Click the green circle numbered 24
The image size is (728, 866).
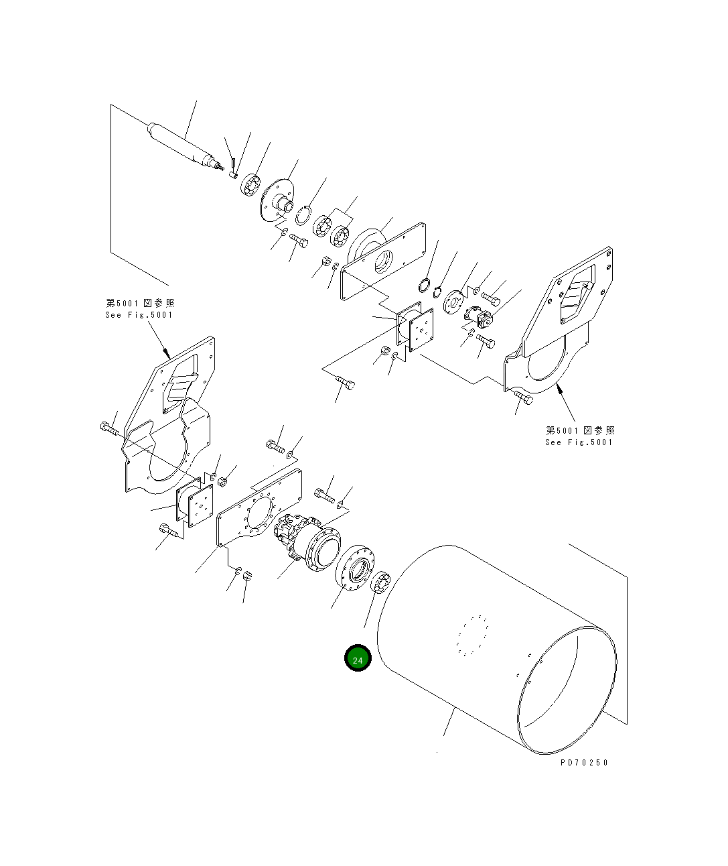(358, 660)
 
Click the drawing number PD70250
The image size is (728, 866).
(584, 762)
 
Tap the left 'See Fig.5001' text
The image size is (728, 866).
(139, 315)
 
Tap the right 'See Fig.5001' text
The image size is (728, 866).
(579, 442)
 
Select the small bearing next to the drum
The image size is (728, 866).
(382, 582)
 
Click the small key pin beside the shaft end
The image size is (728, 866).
(232, 162)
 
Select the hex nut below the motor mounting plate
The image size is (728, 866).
(246, 575)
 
